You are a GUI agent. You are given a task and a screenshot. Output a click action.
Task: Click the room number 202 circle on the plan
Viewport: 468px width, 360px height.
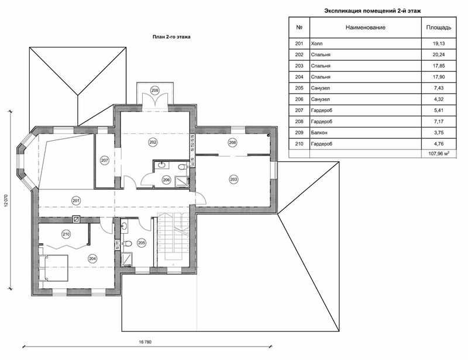pos(153,142)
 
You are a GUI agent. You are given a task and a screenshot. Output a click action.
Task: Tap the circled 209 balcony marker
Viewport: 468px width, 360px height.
pos(154,91)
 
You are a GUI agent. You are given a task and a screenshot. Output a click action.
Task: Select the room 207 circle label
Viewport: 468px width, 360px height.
pos(105,161)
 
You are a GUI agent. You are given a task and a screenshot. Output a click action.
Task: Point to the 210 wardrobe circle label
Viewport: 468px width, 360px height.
pos(66,234)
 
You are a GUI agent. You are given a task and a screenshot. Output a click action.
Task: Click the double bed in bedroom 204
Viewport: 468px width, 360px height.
pos(54,268)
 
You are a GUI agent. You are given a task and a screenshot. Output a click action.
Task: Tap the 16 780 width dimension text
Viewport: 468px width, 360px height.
pos(145,342)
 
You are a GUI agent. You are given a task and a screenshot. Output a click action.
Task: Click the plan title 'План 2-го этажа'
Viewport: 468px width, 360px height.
pos(171,37)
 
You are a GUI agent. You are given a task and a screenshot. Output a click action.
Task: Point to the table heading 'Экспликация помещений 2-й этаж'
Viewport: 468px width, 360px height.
pos(373,11)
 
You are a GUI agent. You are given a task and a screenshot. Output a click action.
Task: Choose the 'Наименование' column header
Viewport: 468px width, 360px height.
pos(366,27)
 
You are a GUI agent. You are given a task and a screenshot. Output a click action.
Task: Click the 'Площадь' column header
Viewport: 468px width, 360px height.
pos(439,27)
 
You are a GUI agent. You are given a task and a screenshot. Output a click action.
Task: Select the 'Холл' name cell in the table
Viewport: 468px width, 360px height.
pos(316,44)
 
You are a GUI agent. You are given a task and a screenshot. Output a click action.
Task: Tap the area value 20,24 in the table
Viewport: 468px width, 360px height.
pos(439,54)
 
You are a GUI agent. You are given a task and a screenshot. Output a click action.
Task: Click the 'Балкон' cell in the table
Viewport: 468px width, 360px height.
pos(319,133)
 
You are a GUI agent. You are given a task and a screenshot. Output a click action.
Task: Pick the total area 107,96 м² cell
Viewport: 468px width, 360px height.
pos(439,154)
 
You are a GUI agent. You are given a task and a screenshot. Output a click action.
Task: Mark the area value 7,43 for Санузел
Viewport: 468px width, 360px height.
pos(439,88)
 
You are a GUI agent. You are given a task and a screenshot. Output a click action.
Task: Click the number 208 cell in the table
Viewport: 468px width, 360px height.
pos(299,122)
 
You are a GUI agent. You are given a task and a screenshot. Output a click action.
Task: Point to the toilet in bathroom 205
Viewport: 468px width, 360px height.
pos(127,244)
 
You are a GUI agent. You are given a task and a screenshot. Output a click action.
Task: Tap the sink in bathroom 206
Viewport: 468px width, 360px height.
pos(162,165)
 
